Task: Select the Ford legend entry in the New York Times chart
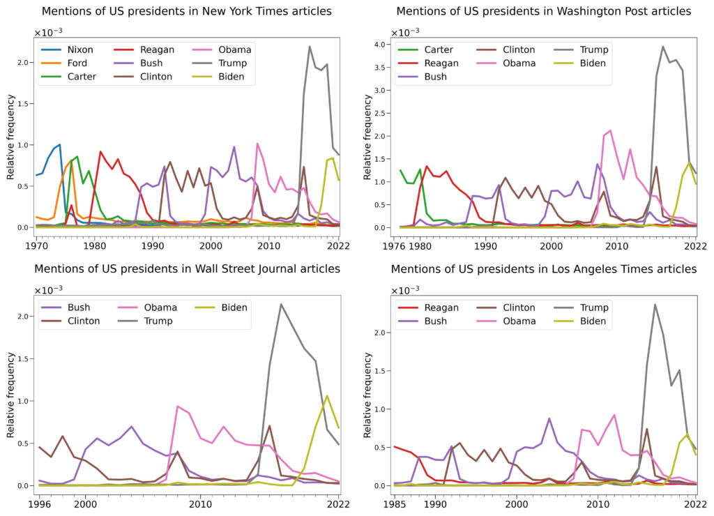[79, 63]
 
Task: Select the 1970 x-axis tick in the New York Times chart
[36, 245]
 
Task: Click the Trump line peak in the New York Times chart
[310, 47]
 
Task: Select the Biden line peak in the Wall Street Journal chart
[327, 396]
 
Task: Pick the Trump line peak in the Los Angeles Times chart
[655, 304]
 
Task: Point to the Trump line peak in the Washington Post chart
[662, 47]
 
